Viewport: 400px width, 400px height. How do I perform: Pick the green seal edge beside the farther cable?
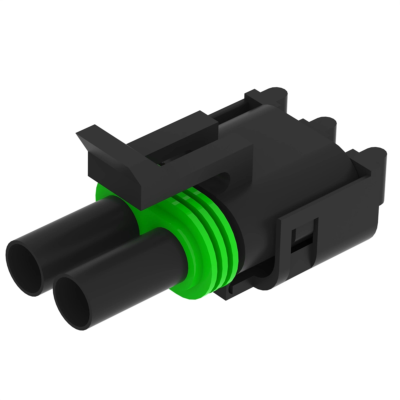tap(100, 193)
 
